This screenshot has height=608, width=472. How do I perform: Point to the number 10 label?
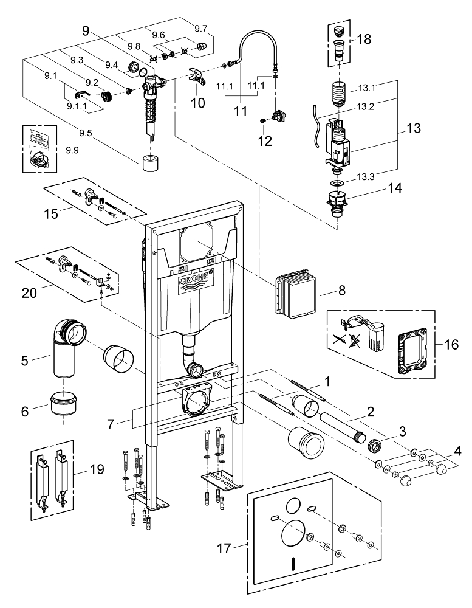[198, 103]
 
